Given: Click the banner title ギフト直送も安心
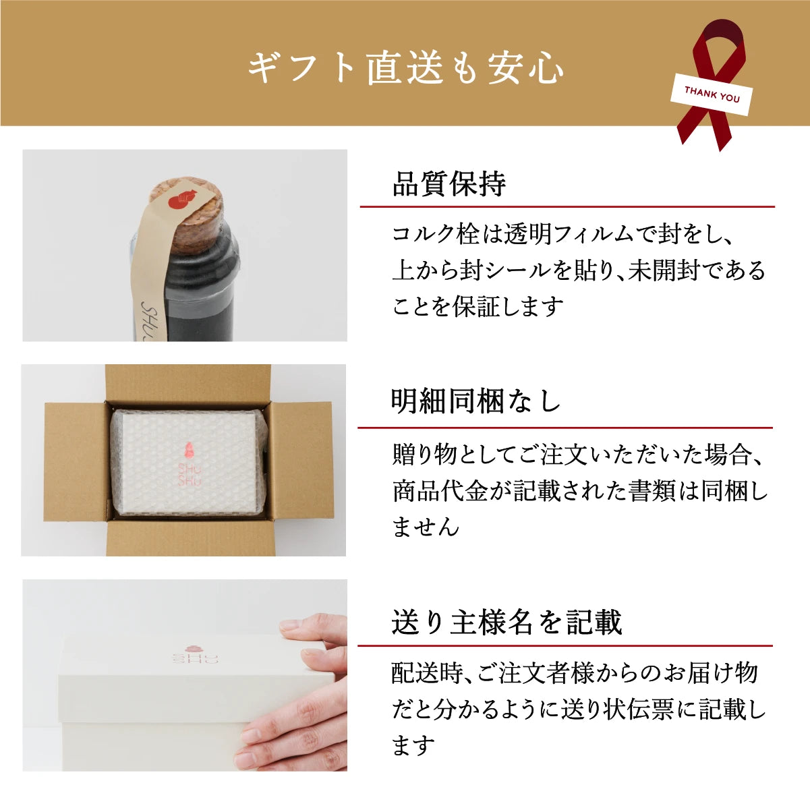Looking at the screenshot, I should click(x=405, y=68).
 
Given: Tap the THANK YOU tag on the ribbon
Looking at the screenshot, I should click(x=712, y=95).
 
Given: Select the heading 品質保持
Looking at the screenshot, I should click(x=449, y=184).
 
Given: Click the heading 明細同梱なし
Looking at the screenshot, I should click(x=476, y=402).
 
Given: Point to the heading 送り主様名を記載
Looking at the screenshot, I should click(x=506, y=622).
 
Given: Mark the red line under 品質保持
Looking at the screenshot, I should click(x=567, y=206).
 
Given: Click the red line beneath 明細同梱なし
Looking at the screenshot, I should click(x=565, y=428).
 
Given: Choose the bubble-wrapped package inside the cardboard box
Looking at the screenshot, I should click(x=189, y=462).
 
